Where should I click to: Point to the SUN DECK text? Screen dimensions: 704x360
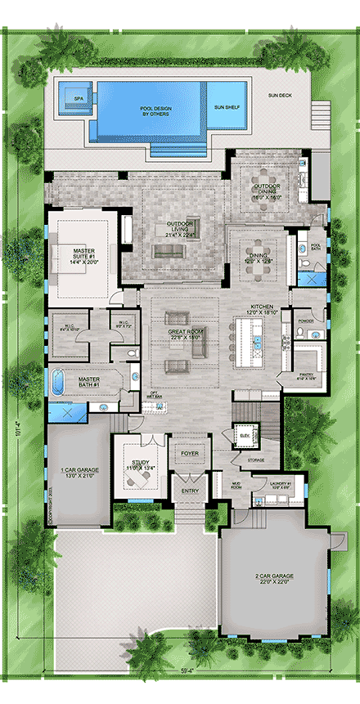(280, 96)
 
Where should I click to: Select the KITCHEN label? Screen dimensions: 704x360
(263, 310)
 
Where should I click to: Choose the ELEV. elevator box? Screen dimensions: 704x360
(242, 433)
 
